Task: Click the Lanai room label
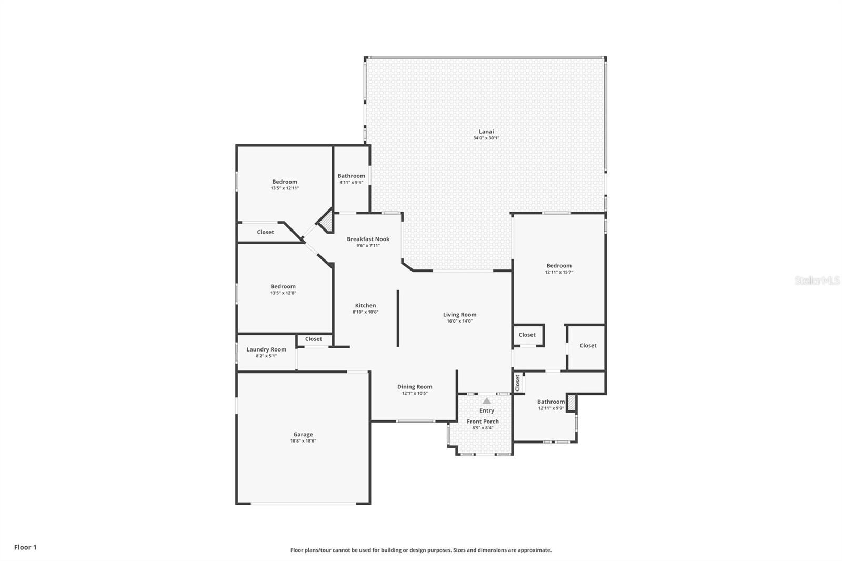(x=486, y=132)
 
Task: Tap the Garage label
(x=303, y=434)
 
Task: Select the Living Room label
(x=459, y=315)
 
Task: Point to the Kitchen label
(x=365, y=306)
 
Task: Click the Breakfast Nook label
(x=368, y=239)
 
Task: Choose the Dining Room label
(x=415, y=387)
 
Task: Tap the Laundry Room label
(x=266, y=349)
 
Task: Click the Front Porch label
(x=483, y=422)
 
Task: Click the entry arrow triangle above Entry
(x=487, y=401)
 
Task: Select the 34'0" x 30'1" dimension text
(x=486, y=138)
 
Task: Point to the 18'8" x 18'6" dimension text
(x=303, y=441)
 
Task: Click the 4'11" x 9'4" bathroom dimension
(x=351, y=183)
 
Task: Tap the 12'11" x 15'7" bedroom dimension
(x=559, y=272)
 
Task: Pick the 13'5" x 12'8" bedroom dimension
(x=283, y=293)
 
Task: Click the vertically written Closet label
(x=518, y=383)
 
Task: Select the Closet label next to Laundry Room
(x=314, y=339)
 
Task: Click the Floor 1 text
(x=26, y=547)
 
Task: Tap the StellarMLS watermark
(x=817, y=280)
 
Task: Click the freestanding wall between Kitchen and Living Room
(x=398, y=318)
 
